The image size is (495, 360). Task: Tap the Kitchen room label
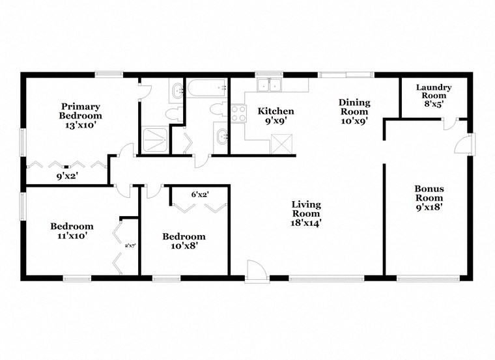[x=276, y=115]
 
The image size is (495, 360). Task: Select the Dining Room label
[x=354, y=111]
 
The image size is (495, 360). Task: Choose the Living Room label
[x=305, y=214]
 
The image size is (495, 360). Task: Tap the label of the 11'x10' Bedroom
[x=72, y=231]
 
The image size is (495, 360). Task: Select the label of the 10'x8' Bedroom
[x=184, y=241]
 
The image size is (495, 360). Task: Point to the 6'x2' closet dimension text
[x=199, y=194]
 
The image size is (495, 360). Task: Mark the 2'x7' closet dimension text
[x=130, y=245]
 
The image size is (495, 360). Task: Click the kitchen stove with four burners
[x=238, y=114]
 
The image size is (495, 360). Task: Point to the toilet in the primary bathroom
[x=174, y=115]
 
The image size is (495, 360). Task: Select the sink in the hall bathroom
[x=221, y=137]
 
